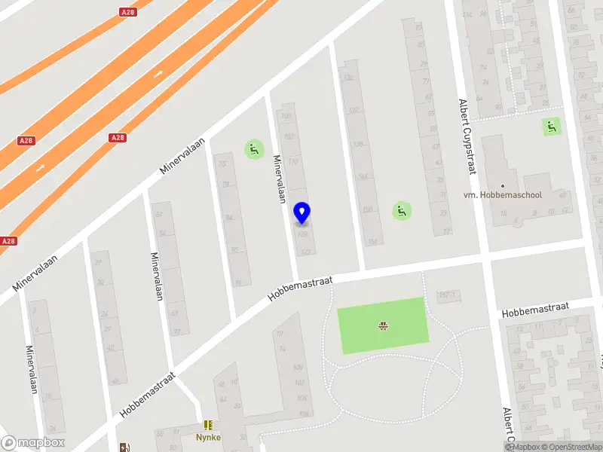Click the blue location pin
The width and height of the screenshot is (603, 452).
tap(302, 213)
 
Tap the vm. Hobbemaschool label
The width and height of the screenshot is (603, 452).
tap(503, 195)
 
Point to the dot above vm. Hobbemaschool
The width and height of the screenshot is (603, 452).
tap(503, 185)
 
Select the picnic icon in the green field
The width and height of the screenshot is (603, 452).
tap(383, 325)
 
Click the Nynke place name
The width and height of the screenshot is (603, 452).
tap(208, 438)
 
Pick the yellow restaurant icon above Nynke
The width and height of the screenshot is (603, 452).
tap(208, 426)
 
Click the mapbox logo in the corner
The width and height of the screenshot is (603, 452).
tap(32, 443)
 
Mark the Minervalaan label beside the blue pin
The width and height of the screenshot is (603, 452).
tap(278, 179)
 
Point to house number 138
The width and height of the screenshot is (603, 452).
tap(359, 145)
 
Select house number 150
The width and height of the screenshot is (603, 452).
tap(367, 210)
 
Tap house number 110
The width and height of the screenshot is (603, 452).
tap(293, 161)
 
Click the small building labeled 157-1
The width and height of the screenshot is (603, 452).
tap(448, 295)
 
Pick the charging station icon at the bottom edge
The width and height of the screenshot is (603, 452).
tap(124, 447)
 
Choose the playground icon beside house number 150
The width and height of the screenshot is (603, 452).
tap(402, 211)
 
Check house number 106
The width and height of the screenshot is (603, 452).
tap(304, 414)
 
